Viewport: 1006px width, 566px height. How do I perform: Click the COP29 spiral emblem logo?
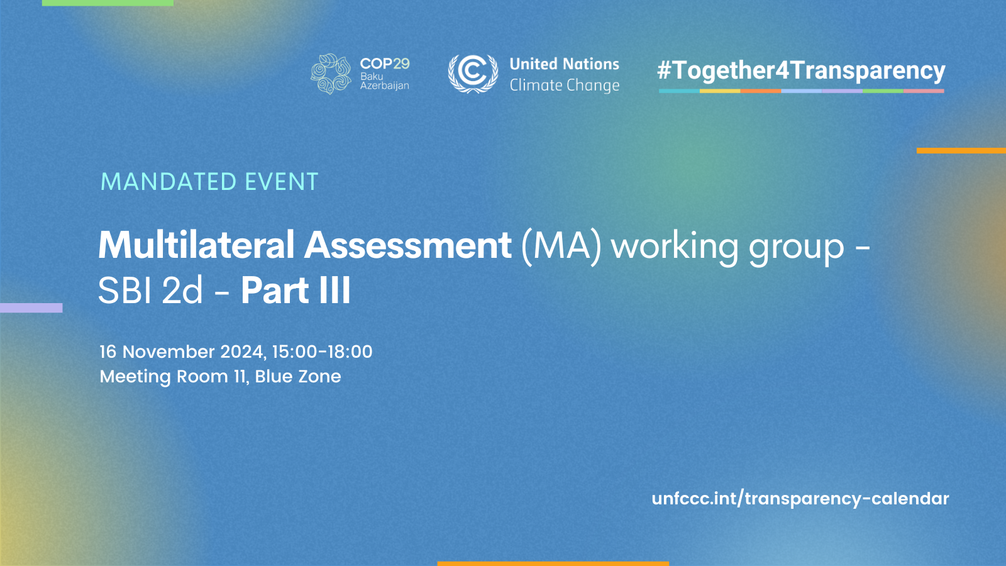point(331,74)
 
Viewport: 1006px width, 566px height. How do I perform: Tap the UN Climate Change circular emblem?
point(473,73)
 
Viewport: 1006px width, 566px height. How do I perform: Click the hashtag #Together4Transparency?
point(801,70)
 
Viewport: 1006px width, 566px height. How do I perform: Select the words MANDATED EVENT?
point(209,182)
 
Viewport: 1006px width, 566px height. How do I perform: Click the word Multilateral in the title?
point(196,245)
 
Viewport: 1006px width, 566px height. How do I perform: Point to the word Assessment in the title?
point(408,245)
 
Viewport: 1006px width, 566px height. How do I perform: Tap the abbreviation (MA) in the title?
point(561,245)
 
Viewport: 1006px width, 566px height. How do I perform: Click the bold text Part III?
point(296,291)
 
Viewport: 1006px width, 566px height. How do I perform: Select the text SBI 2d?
point(151,291)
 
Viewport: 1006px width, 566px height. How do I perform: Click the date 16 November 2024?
point(182,352)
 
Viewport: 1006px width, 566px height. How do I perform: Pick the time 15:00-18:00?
point(322,352)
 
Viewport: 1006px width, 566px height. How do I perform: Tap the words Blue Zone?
point(298,377)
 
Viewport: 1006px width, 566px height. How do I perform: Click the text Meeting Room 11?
point(173,377)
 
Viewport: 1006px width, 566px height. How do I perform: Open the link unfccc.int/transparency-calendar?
point(800,499)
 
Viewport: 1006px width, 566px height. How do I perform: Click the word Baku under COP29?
point(372,76)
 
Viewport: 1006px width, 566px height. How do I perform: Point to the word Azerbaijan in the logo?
point(384,86)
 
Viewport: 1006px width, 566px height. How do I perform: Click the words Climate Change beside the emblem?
point(564,85)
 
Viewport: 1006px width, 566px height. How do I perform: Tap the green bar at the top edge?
point(108,3)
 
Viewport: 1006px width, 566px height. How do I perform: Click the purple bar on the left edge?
point(31,308)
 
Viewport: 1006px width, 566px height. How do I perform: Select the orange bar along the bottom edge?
point(553,563)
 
